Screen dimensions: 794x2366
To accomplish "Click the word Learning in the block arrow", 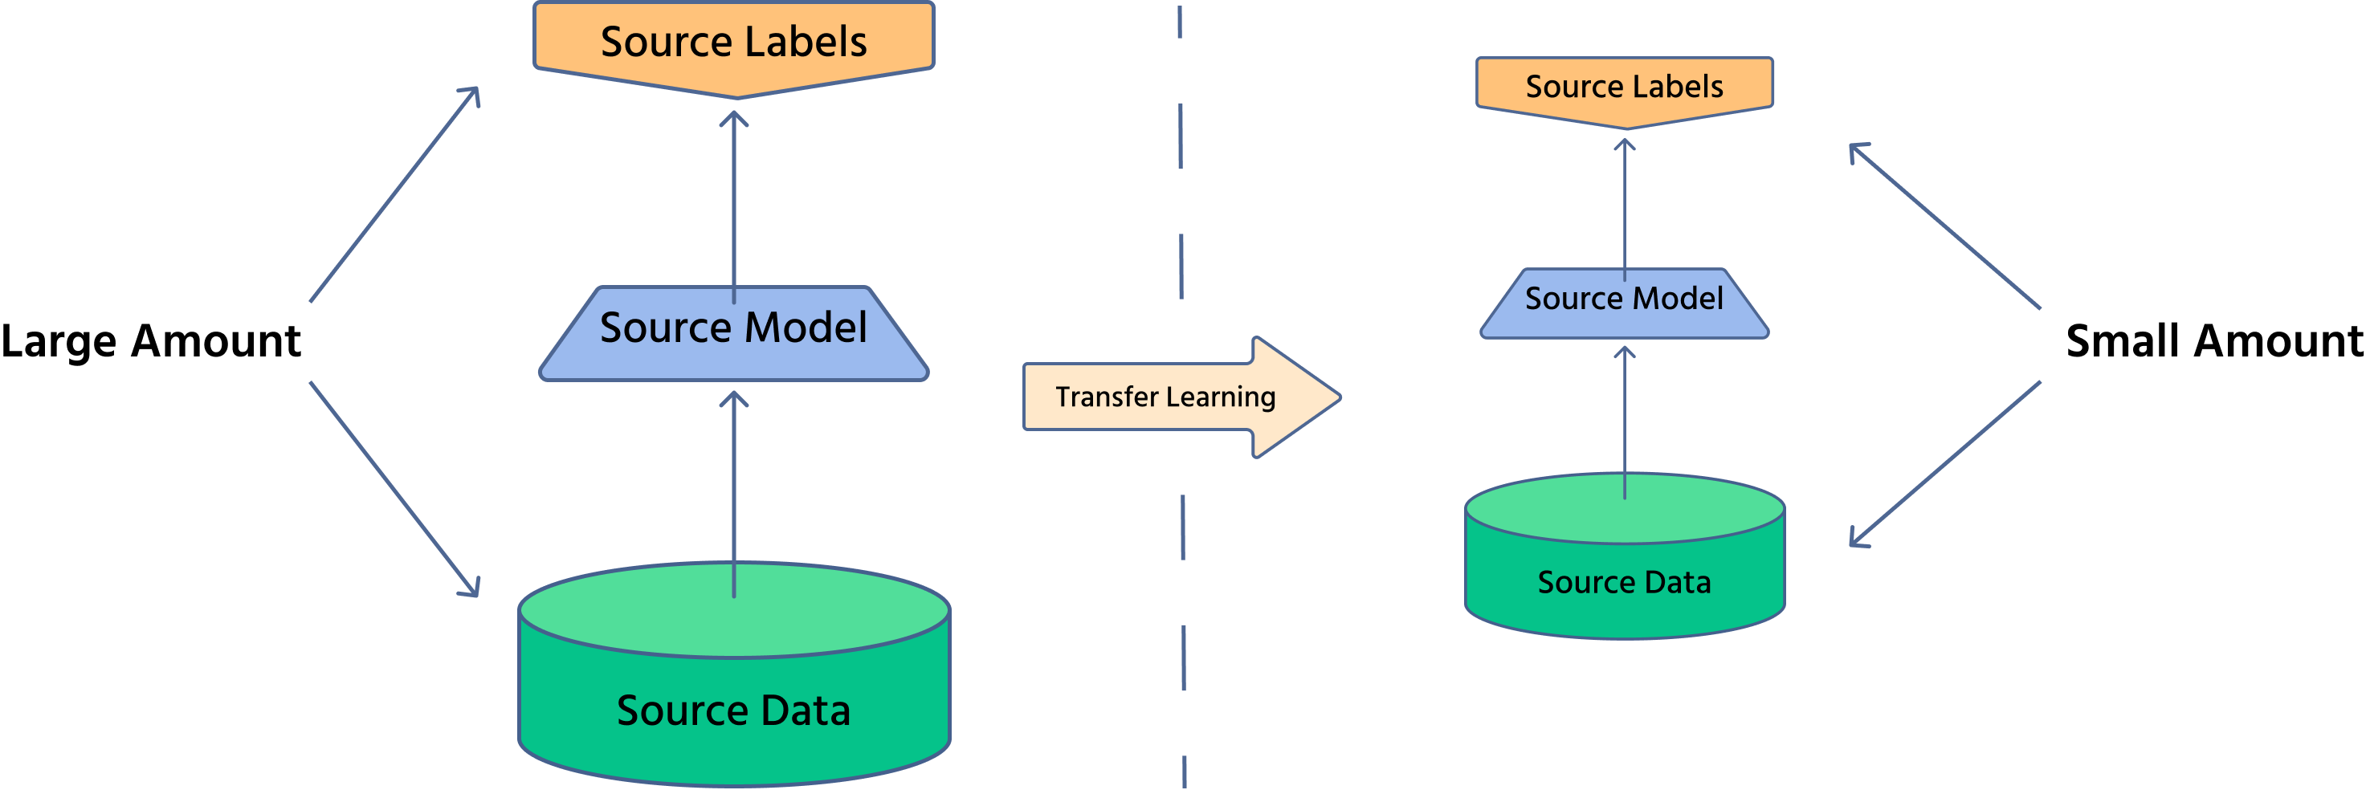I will (1221, 397).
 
